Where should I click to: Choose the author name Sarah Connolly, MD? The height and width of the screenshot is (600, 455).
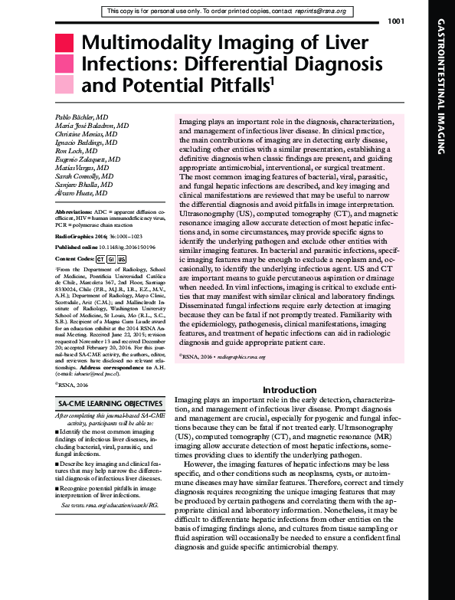point(87,175)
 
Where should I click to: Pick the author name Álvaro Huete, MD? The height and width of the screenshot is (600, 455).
point(83,193)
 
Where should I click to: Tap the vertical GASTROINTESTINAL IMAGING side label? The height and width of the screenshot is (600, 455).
point(444,100)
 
